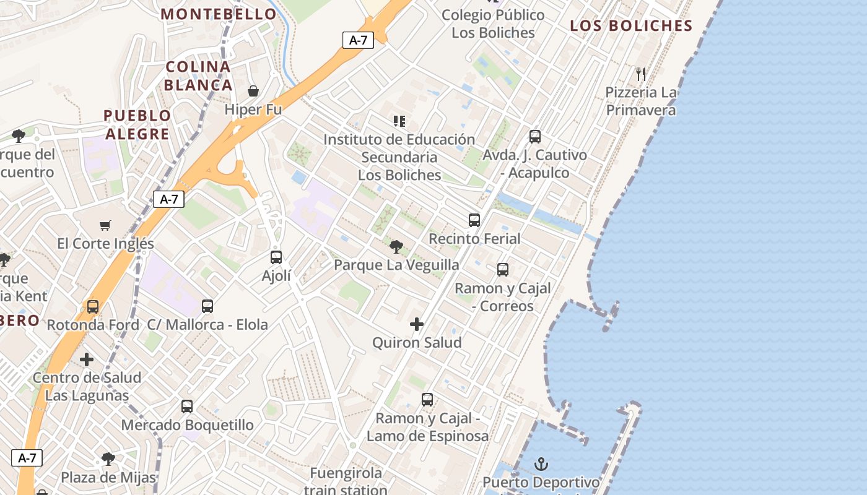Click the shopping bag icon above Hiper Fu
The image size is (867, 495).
253,91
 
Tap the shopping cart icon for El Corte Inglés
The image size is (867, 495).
105,225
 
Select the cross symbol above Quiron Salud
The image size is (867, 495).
417,324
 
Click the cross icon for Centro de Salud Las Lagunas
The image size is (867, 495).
87,359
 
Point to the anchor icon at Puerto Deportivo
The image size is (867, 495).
541,463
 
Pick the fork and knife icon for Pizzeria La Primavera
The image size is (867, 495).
641,74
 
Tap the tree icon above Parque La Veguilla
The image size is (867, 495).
396,247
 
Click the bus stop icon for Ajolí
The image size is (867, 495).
276,257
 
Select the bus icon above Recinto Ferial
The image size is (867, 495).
474,220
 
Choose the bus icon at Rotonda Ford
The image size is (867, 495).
93,306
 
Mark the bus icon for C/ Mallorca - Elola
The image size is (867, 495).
207,306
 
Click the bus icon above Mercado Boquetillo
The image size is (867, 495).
187,407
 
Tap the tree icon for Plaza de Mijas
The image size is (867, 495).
108,459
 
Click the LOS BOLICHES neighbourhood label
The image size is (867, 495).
631,26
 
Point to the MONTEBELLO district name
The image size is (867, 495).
219,14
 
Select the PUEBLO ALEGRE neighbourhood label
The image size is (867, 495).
137,124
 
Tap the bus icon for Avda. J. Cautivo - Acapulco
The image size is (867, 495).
535,137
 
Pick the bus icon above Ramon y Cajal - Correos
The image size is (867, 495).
503,270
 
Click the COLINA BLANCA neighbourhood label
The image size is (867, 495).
199,75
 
